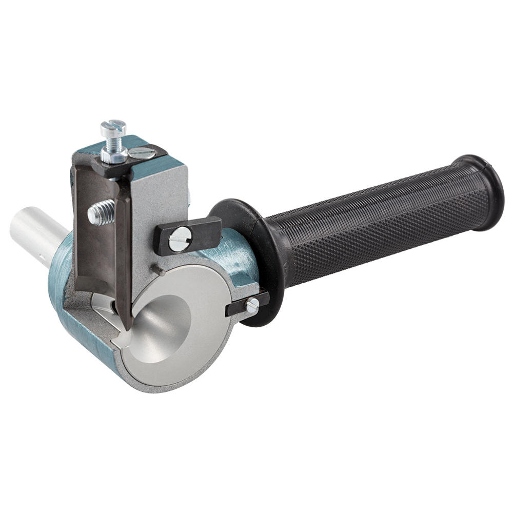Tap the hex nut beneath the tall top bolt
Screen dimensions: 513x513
tap(114, 152)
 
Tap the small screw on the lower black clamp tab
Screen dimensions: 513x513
tap(252, 306)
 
